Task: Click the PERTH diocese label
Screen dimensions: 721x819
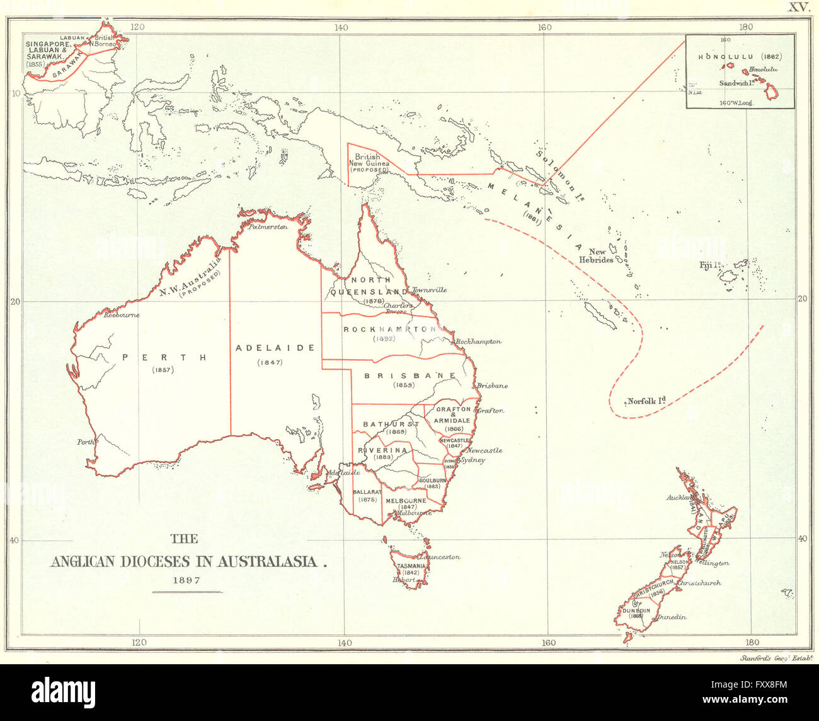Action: [164, 357]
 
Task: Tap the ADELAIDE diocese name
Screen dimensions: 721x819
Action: [275, 348]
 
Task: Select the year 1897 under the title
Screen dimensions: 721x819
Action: [186, 580]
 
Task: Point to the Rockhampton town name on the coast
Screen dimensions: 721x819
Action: [478, 342]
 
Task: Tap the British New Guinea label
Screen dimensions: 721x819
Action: [369, 160]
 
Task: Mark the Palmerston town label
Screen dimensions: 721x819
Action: [268, 226]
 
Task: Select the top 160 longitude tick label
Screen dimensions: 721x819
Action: [544, 27]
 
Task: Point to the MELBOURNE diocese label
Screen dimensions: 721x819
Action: [406, 501]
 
